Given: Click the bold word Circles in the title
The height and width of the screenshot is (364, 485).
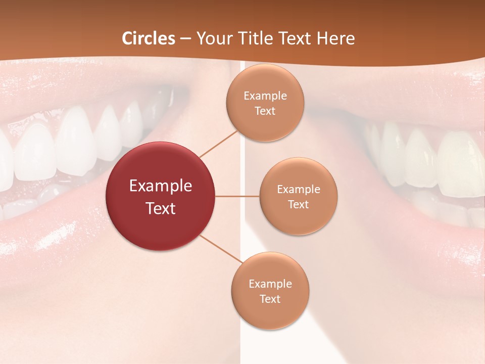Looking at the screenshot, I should click(149, 38).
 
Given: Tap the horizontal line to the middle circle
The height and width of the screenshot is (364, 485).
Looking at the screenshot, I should click(237, 196).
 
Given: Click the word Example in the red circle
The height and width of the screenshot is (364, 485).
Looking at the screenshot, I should click(161, 186).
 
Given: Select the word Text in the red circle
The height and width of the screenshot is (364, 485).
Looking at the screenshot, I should click(161, 208).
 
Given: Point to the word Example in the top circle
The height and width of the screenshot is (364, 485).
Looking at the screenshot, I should click(265, 96).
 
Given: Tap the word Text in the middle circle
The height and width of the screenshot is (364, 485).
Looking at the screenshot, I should click(298, 204).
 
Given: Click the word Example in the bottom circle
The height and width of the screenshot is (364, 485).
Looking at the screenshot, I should click(270, 284).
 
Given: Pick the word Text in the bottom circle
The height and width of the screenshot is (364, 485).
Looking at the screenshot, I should click(270, 299).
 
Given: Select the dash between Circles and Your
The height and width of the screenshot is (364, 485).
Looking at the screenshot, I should click(185, 39).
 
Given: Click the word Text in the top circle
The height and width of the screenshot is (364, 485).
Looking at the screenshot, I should click(265, 111).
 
